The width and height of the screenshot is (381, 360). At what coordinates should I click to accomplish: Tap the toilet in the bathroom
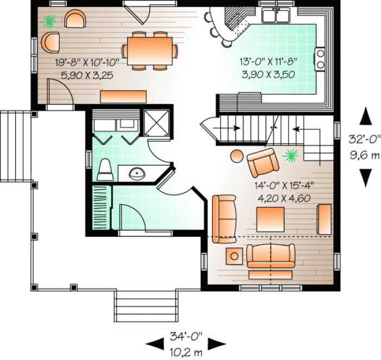tap(105, 170)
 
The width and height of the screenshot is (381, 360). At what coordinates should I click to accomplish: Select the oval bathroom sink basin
tap(136, 173)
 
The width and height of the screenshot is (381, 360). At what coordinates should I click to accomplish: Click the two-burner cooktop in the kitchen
tap(321, 59)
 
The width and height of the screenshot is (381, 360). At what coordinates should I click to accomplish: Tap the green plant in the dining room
tap(49, 21)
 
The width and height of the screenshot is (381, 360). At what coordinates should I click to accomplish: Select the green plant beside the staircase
tap(290, 156)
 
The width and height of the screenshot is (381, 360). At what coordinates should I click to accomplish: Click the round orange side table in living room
tap(237, 156)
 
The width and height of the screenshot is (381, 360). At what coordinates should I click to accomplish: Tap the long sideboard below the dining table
tap(124, 96)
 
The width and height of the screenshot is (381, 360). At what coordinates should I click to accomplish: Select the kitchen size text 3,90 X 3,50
tap(270, 74)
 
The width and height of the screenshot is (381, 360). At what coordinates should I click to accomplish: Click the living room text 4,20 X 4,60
tap(282, 197)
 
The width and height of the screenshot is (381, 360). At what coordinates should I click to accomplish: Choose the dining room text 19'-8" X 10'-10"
tap(87, 62)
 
